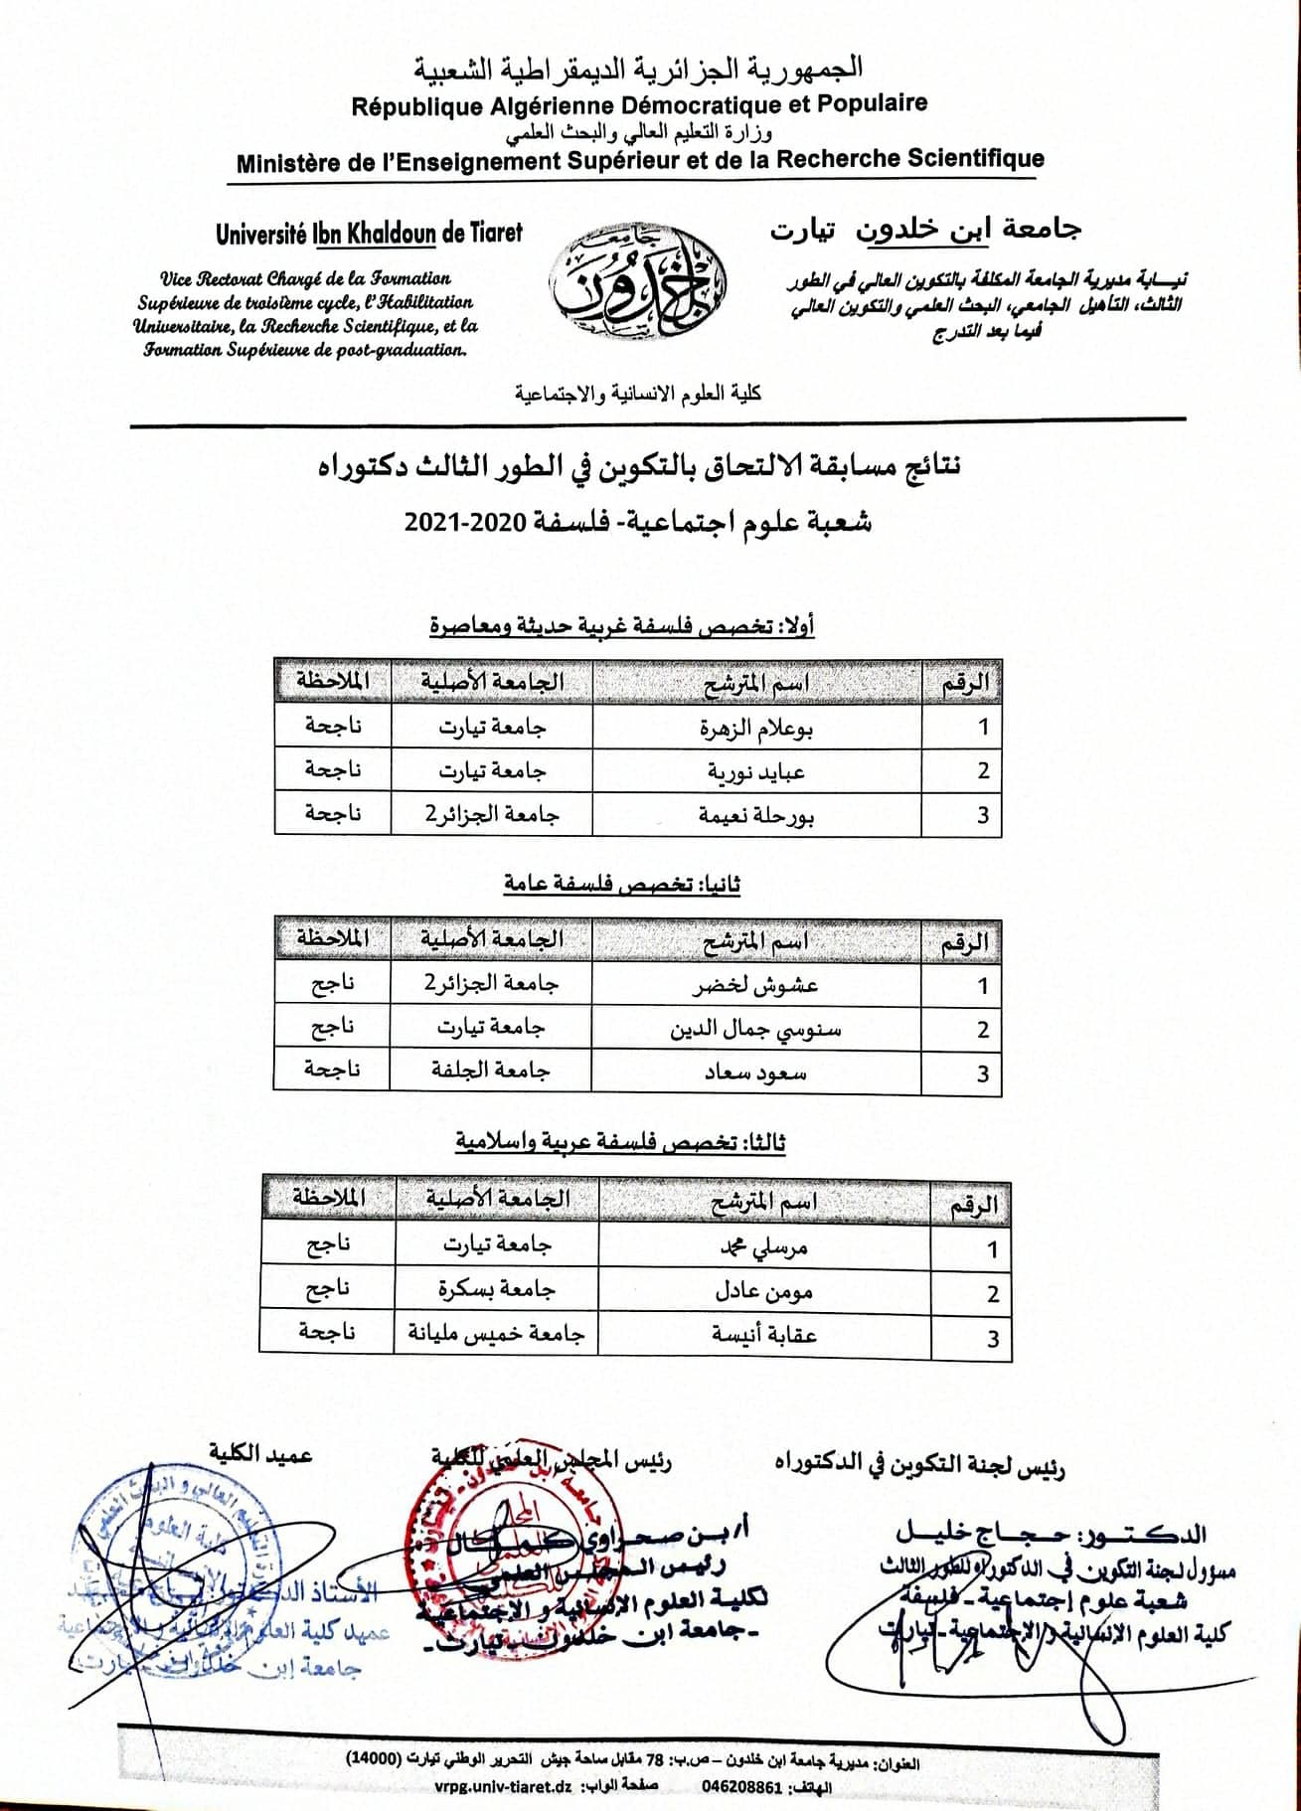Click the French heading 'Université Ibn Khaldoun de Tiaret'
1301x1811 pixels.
pyautogui.click(x=368, y=234)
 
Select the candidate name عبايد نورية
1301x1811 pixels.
pyautogui.click(x=757, y=771)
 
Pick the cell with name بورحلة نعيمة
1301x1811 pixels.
pyautogui.click(x=757, y=815)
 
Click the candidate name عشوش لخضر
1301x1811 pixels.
pyautogui.click(x=756, y=985)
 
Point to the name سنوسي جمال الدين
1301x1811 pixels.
pyautogui.click(x=756, y=1029)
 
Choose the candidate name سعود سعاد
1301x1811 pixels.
pyautogui.click(x=756, y=1072)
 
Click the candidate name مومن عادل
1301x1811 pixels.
pyautogui.click(x=764, y=1291)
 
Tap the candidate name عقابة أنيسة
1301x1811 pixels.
pyautogui.click(x=764, y=1335)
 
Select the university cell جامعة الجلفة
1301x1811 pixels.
pyautogui.click(x=491, y=1071)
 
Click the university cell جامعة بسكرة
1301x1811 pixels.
pyautogui.click(x=497, y=1290)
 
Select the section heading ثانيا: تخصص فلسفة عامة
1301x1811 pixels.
pyautogui.click(x=621, y=884)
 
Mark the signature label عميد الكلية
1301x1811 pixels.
pyautogui.click(x=260, y=1454)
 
